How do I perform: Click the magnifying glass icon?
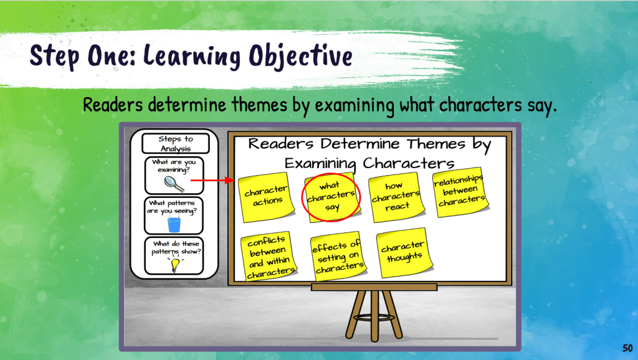[174, 184]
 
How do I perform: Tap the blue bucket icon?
[174, 225]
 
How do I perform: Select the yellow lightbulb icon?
[174, 265]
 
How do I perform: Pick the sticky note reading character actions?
[267, 197]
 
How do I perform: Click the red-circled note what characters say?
[331, 197]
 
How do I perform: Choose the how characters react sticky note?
[396, 197]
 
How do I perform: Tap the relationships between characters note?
[460, 192]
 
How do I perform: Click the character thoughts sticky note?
[404, 253]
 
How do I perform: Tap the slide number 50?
[627, 348]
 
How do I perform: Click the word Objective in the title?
[300, 56]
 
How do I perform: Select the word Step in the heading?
[54, 56]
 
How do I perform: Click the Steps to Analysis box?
[175, 144]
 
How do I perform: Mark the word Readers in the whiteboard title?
[281, 144]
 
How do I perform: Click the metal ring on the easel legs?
[374, 317]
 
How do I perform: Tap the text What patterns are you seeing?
[172, 207]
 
